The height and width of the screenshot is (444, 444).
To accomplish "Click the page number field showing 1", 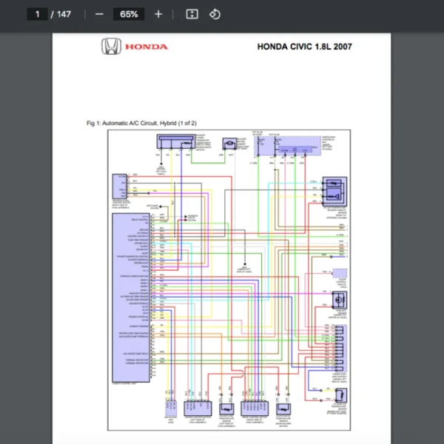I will click(36, 14).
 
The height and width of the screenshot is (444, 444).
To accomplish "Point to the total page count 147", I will click(64, 14).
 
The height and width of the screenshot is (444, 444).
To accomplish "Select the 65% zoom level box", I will click(129, 14).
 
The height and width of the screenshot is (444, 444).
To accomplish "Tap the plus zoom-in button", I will click(158, 14).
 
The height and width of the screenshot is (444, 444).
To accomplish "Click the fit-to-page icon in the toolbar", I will click(192, 14).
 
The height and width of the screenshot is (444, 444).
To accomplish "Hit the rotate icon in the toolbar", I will click(215, 14).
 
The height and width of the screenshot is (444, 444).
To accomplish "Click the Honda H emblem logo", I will click(111, 47).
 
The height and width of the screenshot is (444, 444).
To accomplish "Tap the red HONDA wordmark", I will click(146, 47).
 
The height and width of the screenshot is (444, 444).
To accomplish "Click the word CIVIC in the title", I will click(301, 47).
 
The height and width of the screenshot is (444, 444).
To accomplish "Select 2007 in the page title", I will click(343, 47).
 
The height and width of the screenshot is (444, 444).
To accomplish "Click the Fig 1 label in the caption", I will click(93, 123).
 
